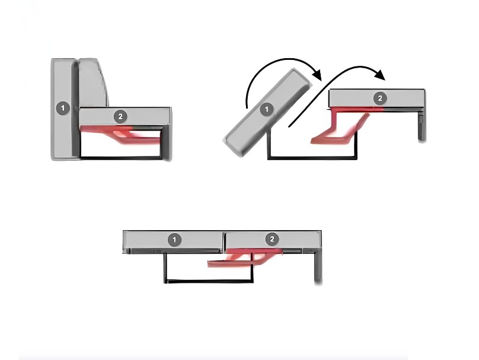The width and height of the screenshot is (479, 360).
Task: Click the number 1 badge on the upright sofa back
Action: [63, 108]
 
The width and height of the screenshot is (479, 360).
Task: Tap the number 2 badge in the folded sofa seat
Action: [120, 116]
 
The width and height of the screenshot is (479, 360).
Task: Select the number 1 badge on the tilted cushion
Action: [267, 109]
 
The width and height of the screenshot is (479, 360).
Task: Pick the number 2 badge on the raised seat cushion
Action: [380, 98]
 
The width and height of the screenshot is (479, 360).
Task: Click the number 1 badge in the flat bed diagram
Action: [174, 240]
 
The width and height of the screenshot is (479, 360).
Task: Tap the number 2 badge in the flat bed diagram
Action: [272, 238]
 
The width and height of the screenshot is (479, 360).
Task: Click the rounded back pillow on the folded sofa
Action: [93, 82]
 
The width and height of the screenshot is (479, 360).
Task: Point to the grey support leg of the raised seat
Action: [422, 125]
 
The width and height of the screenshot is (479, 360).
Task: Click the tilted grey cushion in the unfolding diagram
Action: [268, 112]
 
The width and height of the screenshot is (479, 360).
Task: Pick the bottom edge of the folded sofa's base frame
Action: [121, 158]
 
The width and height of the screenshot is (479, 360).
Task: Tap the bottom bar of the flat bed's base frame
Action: [209, 281]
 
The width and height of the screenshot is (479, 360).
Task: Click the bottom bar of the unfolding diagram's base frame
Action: [312, 158]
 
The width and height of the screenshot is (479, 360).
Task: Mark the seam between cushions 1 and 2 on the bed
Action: [223, 241]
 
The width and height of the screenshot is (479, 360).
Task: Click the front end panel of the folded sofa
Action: [165, 143]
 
